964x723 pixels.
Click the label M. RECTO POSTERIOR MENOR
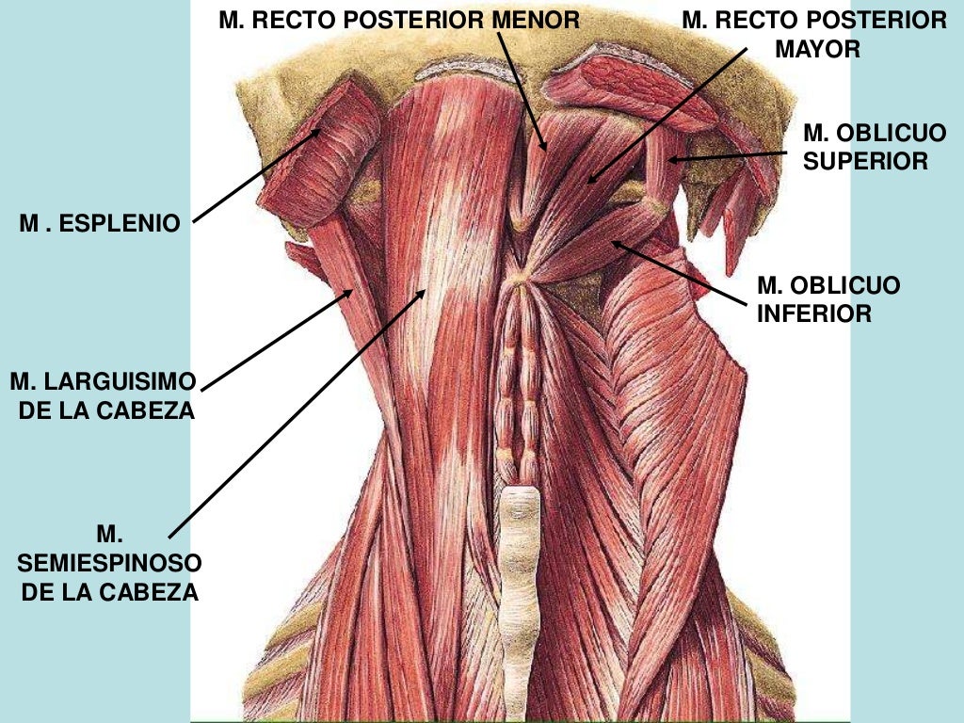(399, 20)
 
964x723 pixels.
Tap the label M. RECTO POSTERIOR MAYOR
(814, 34)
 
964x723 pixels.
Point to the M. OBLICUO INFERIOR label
(828, 298)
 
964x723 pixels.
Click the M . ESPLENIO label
(99, 224)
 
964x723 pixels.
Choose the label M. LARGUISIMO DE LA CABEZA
(103, 396)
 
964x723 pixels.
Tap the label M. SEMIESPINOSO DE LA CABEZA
(109, 564)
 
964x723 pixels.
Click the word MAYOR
(817, 49)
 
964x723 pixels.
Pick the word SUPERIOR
(865, 162)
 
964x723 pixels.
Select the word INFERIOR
(814, 313)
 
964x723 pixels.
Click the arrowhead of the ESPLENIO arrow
(321, 131)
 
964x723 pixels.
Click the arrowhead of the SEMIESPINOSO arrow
(425, 290)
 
